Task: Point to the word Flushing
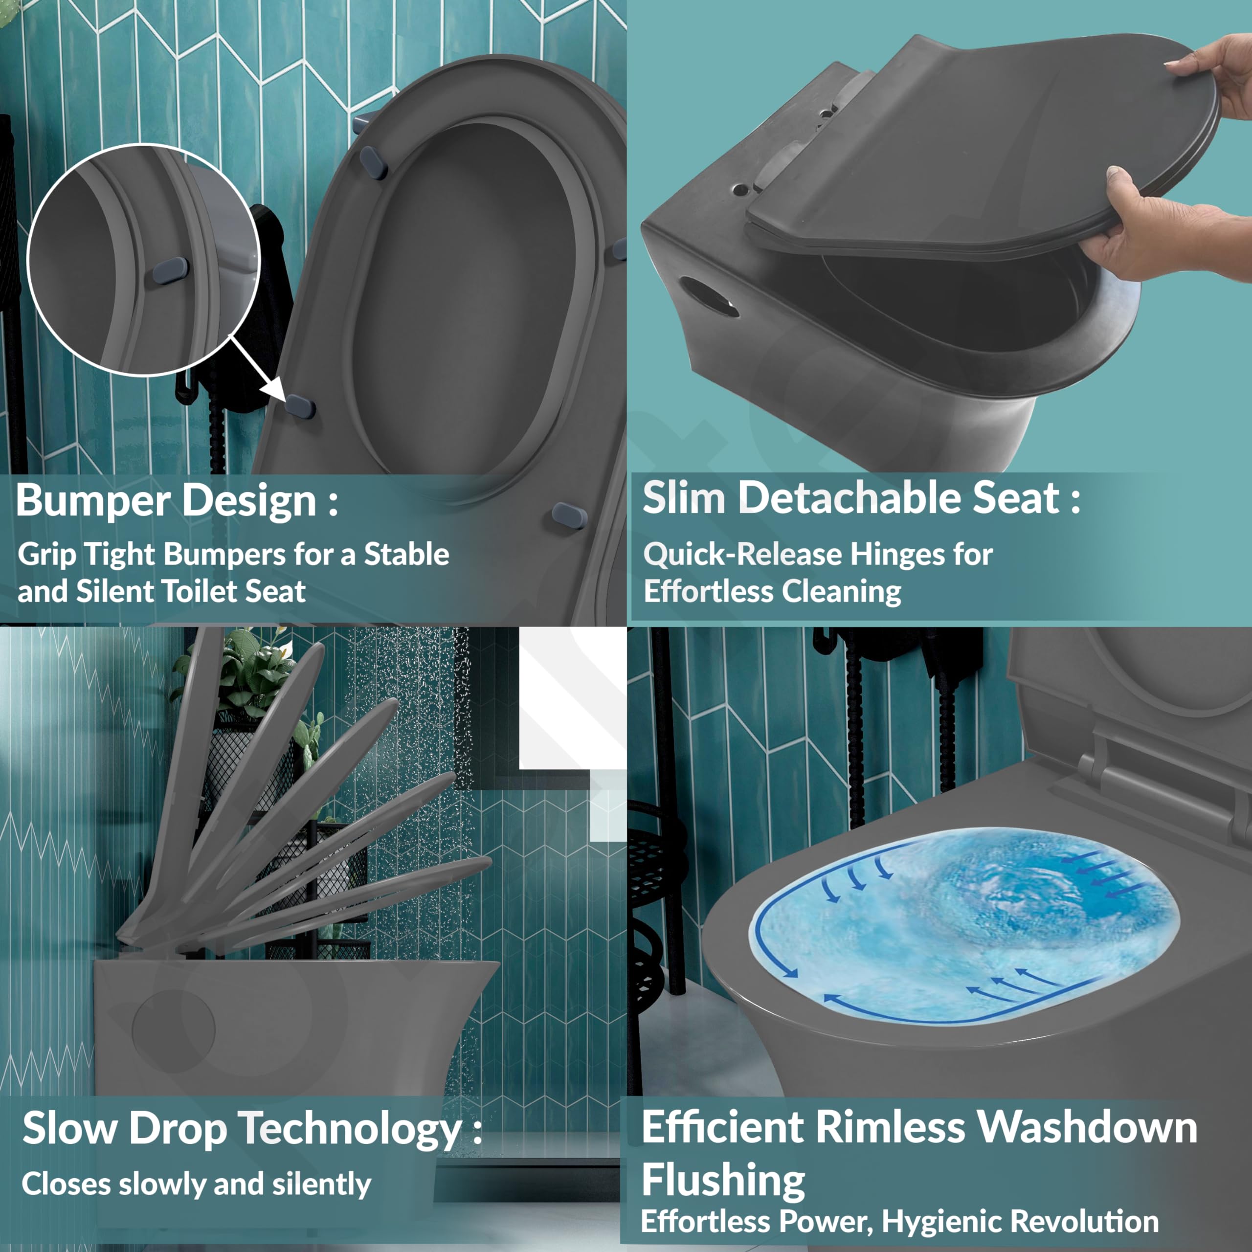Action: click(723, 1181)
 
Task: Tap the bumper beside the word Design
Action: click(570, 515)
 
